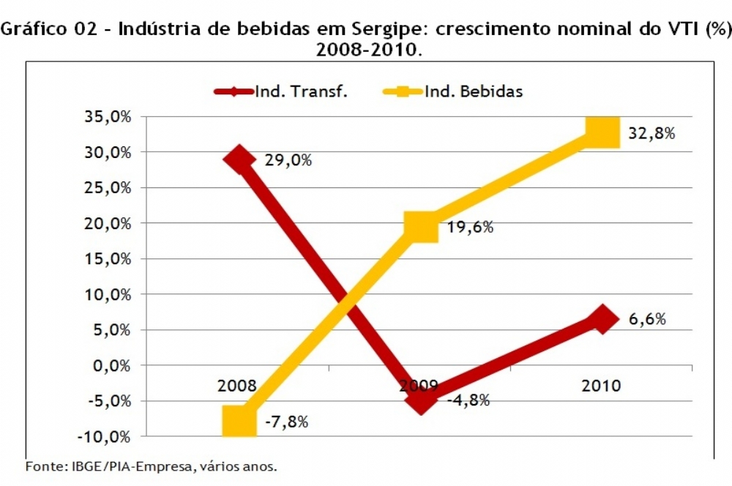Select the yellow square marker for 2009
click(420, 226)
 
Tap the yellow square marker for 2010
click(602, 132)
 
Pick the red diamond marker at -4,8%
click(421, 399)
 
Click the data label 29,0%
click(288, 160)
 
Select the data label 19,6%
click(470, 227)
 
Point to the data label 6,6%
click(647, 320)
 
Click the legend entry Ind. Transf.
click(301, 91)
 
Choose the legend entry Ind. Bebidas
click(474, 91)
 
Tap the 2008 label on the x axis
click(237, 386)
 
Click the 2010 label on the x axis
click(601, 386)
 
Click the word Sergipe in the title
click(378, 30)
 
